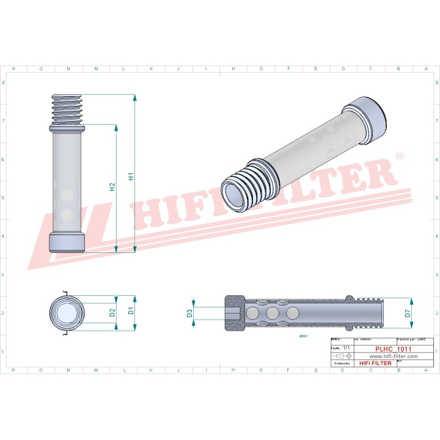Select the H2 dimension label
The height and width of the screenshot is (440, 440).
coord(112,187)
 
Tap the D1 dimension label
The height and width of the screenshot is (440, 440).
coord(131,311)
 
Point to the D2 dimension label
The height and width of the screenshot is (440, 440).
coord(112,312)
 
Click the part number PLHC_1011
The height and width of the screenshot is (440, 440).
coord(393,348)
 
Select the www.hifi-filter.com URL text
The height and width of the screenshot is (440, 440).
coord(393,356)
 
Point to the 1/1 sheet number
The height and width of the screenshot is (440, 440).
coord(346,347)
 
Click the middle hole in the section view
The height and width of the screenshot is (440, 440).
coord(272,313)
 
